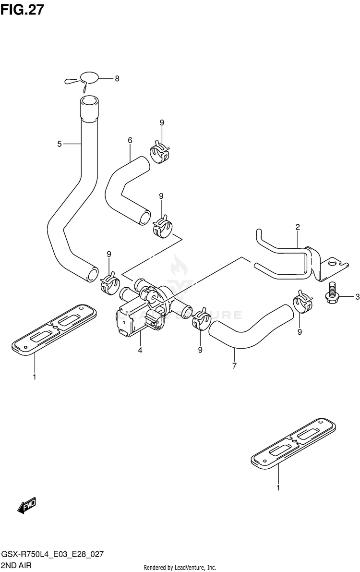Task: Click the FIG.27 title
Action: (x=22, y=10)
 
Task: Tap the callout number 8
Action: (x=117, y=78)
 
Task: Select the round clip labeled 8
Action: (x=83, y=80)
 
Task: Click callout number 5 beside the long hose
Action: (x=60, y=144)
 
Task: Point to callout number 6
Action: (x=130, y=140)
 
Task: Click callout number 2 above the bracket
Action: (x=298, y=227)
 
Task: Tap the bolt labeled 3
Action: (x=332, y=292)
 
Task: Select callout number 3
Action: (x=357, y=297)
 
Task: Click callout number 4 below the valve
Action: (x=140, y=351)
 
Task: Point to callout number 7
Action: (x=234, y=365)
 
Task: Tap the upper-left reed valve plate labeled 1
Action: (x=54, y=329)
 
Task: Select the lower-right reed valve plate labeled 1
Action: (x=293, y=443)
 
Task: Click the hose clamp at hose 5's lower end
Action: (x=110, y=283)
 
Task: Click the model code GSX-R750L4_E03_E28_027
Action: (x=53, y=555)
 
